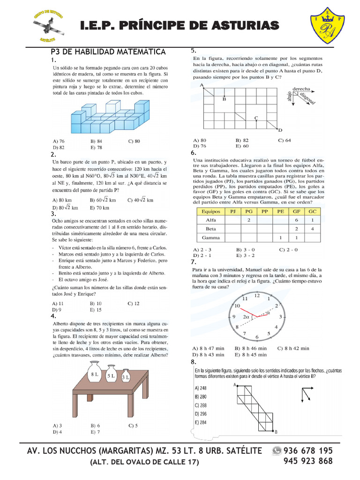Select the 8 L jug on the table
pos(95,373)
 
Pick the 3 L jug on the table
pos(126,377)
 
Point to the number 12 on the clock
pos(256,295)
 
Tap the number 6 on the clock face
pos(256,337)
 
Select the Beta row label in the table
pos(211,229)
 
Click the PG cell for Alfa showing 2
pos(248,220)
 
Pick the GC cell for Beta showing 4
pos(312,229)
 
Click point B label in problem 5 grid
pos(225,99)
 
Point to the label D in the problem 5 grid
pos(280,130)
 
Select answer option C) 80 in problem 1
pos(134,141)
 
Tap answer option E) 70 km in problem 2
pos(99,208)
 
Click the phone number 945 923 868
pos(308,461)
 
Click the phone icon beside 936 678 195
pos(277,450)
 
